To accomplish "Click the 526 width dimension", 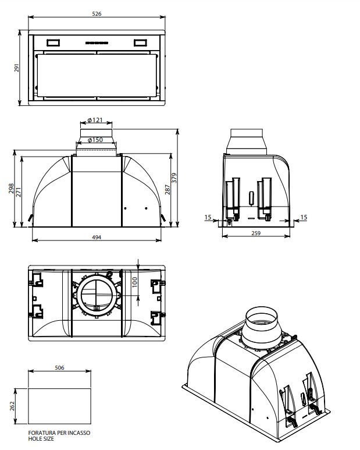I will click(x=97, y=13).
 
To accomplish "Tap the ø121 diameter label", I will click(x=95, y=121).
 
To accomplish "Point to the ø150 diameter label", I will click(x=95, y=140).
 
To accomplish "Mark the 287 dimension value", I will click(x=168, y=189).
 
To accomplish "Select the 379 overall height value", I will click(x=174, y=178).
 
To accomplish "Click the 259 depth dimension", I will click(x=256, y=233).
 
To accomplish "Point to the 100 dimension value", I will click(x=134, y=282).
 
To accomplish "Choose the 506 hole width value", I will click(x=59, y=368).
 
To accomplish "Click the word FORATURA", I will click(x=40, y=434).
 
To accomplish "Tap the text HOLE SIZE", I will click(x=40, y=440).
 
